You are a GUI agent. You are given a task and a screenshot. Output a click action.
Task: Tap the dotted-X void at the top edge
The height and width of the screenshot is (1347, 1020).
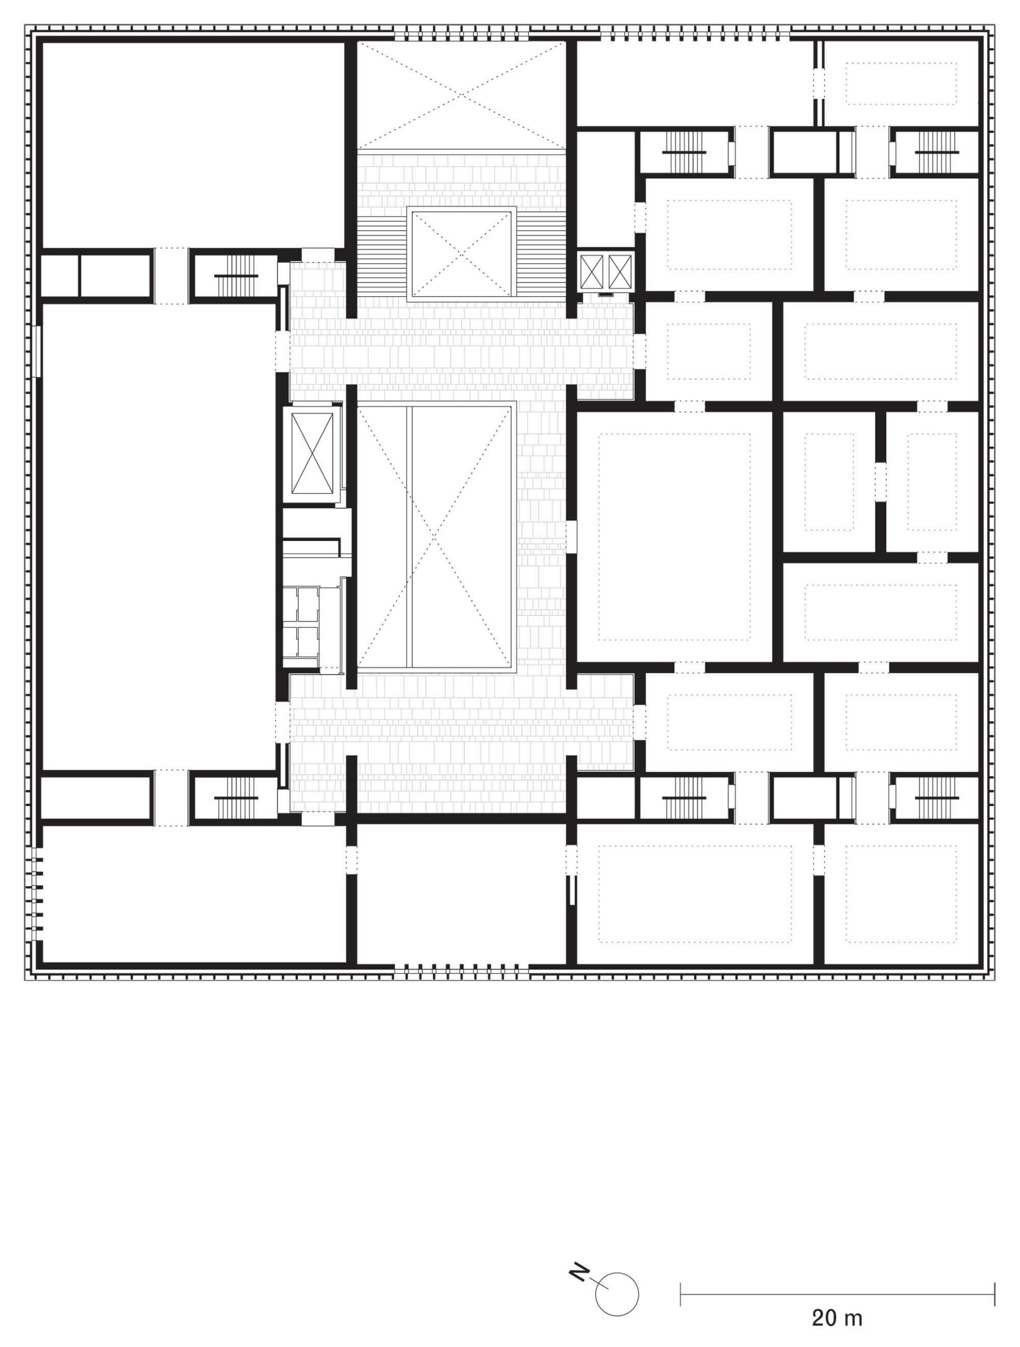[462, 96]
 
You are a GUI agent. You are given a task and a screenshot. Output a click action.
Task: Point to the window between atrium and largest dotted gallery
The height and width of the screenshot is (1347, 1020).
[571, 536]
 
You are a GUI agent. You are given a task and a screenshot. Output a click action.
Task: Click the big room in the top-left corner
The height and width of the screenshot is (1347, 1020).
[193, 145]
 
